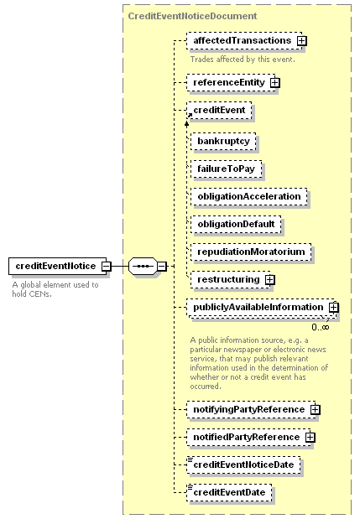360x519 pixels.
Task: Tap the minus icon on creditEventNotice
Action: click(x=106, y=266)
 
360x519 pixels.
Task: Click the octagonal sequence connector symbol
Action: click(x=143, y=266)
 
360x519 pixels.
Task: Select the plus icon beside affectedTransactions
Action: click(x=302, y=41)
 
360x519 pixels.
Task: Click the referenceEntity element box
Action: click(x=231, y=82)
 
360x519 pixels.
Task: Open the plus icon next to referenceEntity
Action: click(x=275, y=82)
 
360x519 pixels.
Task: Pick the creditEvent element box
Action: click(x=219, y=110)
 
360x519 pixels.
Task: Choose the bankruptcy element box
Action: click(x=223, y=142)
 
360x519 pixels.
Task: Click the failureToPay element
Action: click(x=227, y=169)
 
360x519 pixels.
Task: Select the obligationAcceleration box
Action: click(x=249, y=196)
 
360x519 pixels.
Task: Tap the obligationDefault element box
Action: click(x=236, y=225)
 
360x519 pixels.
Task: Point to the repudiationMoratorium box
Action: click(x=251, y=252)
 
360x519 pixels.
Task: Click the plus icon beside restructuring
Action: click(x=270, y=280)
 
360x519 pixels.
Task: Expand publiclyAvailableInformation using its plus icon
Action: click(x=333, y=308)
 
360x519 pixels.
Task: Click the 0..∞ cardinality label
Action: click(x=321, y=327)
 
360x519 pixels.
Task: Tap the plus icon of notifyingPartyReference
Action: click(x=315, y=410)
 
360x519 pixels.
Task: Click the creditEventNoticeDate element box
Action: click(x=243, y=465)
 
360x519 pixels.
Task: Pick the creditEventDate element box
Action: click(x=229, y=492)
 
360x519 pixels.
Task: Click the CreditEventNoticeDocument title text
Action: click(x=192, y=16)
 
